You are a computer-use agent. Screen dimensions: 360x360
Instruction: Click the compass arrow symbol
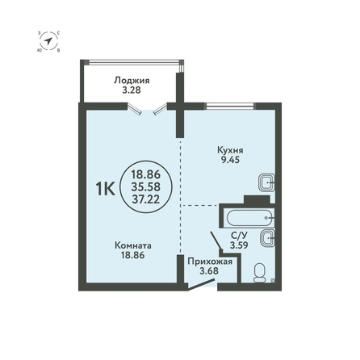pos(48,41)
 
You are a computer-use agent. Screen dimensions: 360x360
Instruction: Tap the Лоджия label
pos(132,81)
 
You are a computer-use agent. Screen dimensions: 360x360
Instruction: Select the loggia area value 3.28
pos(132,90)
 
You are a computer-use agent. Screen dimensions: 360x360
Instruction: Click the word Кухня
pos(230,150)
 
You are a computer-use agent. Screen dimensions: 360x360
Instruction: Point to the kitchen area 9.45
pos(230,160)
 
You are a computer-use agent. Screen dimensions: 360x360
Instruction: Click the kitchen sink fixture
pos(267,182)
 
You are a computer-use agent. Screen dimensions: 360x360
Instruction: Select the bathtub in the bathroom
pos(250,218)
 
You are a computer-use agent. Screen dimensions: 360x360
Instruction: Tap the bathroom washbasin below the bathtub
pos(267,238)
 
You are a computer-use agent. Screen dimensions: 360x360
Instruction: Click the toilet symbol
pos(260,273)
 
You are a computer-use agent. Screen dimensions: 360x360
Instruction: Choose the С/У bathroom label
pos(239,236)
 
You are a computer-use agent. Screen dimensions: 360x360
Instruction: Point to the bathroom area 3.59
pos(239,245)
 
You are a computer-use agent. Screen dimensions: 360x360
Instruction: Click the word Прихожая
pos(210,262)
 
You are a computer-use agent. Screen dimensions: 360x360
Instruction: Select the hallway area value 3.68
pos(209,270)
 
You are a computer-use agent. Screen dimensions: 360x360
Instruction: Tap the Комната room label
pos(133,245)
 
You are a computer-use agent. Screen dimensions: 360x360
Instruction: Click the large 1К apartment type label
pos(106,189)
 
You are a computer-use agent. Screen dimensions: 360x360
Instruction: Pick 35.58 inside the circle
pos(146,186)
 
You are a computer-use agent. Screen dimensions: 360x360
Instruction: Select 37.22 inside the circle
pos(146,199)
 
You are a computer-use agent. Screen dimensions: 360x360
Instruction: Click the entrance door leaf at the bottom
pos(201,285)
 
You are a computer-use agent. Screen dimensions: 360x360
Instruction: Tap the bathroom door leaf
pos(216,241)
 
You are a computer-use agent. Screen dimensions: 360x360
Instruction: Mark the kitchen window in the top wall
pos(230,107)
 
